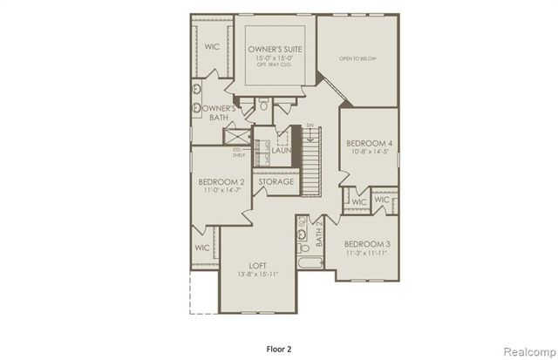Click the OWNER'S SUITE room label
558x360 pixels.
275,50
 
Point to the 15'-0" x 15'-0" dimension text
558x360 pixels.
275,59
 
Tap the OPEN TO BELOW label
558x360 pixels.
357,59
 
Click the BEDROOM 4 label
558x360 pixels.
369,142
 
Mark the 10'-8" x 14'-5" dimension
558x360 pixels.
369,152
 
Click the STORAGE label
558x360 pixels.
276,181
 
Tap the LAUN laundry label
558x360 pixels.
281,150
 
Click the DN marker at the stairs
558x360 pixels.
309,127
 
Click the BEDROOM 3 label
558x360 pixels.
366,243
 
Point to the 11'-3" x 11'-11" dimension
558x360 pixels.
366,253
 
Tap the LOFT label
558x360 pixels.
257,265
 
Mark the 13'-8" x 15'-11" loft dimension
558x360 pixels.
257,275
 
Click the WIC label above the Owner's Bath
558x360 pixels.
212,46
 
